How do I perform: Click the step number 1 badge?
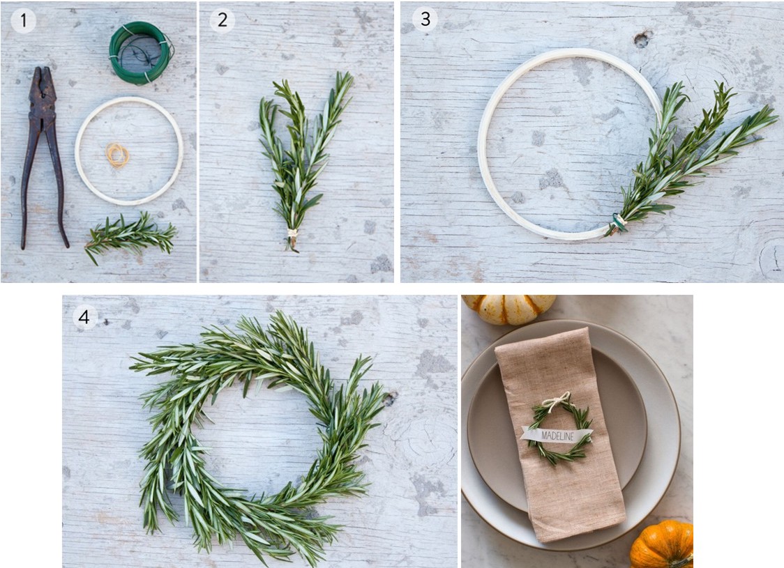[x=23, y=20]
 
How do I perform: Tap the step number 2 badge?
[x=222, y=20]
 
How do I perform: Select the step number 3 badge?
[x=425, y=19]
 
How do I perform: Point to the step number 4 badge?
[x=84, y=316]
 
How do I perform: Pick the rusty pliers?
[x=43, y=158]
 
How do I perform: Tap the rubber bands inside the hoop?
[x=117, y=155]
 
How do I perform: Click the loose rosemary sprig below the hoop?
[x=130, y=236]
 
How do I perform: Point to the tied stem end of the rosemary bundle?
[x=292, y=239]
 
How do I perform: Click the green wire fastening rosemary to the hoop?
[x=617, y=222]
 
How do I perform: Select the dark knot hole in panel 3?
[x=642, y=39]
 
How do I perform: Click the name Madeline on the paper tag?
[x=557, y=436]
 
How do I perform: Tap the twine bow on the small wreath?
[x=557, y=399]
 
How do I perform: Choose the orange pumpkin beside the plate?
[x=662, y=545]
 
